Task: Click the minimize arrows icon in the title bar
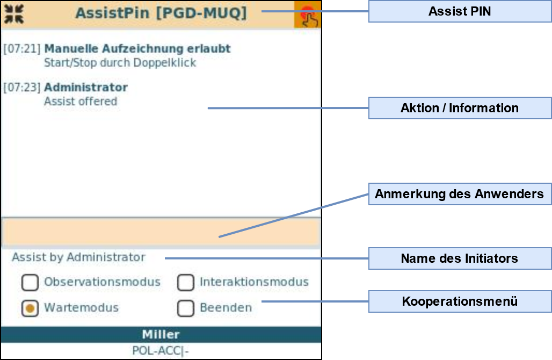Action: tap(14, 14)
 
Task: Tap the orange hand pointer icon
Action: tap(308, 15)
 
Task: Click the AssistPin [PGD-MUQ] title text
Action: tap(161, 13)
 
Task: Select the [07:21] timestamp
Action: tap(22, 49)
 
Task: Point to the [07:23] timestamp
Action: tap(22, 88)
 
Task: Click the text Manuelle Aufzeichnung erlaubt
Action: tap(137, 49)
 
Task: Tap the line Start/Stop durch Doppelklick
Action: tap(120, 63)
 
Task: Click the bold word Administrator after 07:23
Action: tap(86, 88)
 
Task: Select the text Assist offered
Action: tap(81, 101)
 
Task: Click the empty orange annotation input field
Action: tap(161, 233)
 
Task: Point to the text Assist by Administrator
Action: tap(79, 257)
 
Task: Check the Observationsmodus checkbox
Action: tap(30, 282)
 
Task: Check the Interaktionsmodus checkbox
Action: tap(186, 282)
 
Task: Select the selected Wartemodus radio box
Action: tap(30, 308)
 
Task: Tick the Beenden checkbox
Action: tap(186, 308)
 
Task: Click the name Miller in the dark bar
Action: tap(161, 335)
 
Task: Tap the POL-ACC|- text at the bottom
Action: tap(161, 351)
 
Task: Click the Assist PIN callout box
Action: tap(460, 11)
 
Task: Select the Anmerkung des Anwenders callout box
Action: tap(460, 194)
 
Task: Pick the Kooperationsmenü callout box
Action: tap(460, 301)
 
